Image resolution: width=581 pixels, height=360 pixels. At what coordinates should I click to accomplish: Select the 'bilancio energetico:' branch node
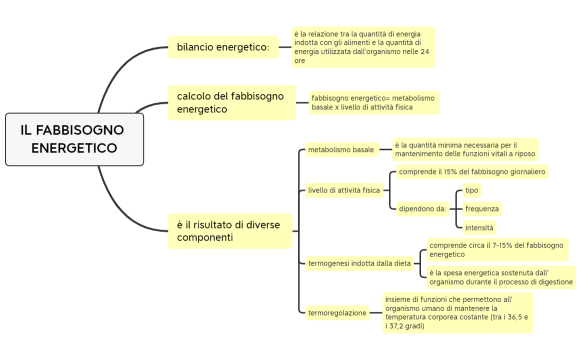pyautogui.click(x=222, y=47)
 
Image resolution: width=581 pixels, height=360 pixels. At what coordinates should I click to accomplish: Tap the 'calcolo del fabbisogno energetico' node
pyautogui.click(x=230, y=102)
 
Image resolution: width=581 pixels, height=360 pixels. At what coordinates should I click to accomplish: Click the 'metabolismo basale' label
pyautogui.click(x=341, y=150)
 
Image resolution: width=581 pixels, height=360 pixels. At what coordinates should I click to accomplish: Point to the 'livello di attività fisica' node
pyautogui.click(x=344, y=189)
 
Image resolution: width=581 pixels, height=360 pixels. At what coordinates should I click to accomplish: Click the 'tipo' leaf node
pyautogui.click(x=472, y=190)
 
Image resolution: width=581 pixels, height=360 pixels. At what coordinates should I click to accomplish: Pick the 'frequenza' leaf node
pyautogui.click(x=481, y=209)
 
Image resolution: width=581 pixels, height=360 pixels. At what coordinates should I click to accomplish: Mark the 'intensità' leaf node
pyautogui.click(x=479, y=228)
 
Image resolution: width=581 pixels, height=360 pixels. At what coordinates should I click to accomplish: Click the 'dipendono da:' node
pyautogui.click(x=421, y=208)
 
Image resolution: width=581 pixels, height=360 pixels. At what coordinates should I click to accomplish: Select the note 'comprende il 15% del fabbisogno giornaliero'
pyautogui.click(x=472, y=172)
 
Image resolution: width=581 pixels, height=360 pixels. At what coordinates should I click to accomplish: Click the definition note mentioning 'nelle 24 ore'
pyautogui.click(x=363, y=47)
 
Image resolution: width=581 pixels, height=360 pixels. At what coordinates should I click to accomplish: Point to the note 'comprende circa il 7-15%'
pyautogui.click(x=496, y=249)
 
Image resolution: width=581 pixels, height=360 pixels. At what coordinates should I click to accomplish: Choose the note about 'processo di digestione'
pyautogui.click(x=500, y=277)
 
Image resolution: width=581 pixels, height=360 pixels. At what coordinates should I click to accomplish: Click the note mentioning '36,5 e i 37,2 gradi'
pyautogui.click(x=457, y=312)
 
